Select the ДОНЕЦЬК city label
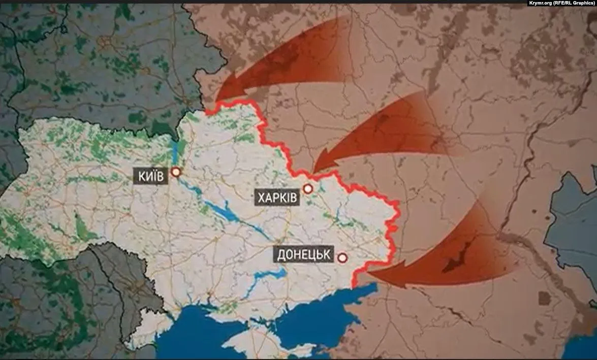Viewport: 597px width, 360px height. coord(304,254)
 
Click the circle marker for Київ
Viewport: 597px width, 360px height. coord(176,173)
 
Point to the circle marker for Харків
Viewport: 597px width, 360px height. coord(307,189)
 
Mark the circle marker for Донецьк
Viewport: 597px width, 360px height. coord(343,258)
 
